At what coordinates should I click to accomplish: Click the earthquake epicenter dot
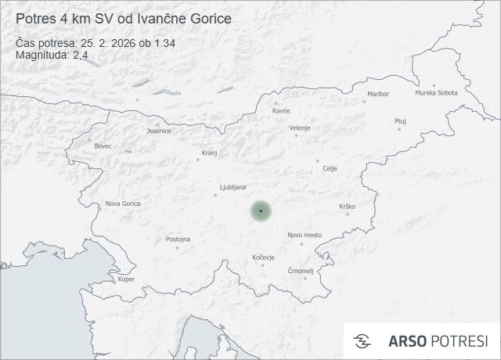pyautogui.click(x=261, y=211)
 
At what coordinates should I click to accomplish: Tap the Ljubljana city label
pyautogui.click(x=233, y=187)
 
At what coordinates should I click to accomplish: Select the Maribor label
pyautogui.click(x=377, y=94)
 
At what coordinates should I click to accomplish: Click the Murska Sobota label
pyautogui.click(x=436, y=93)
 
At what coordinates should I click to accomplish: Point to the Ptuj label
pyautogui.click(x=400, y=121)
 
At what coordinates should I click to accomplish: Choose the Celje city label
pyautogui.click(x=330, y=168)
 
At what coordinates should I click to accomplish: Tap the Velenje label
pyautogui.click(x=300, y=128)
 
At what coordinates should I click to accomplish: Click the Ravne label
pyautogui.click(x=281, y=110)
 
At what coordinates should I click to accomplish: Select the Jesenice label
pyautogui.click(x=159, y=131)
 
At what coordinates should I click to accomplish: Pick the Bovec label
pyautogui.click(x=103, y=146)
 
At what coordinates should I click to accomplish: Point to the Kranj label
pyautogui.click(x=209, y=153)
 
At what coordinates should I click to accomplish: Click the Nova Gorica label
pyautogui.click(x=123, y=203)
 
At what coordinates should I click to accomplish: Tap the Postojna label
pyautogui.click(x=178, y=239)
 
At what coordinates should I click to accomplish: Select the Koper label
pyautogui.click(x=126, y=279)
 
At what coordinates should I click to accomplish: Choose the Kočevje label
pyautogui.click(x=264, y=257)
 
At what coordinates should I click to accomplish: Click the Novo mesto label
pyautogui.click(x=305, y=235)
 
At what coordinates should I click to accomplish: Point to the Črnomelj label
pyautogui.click(x=301, y=271)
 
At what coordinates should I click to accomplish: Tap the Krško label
pyautogui.click(x=348, y=206)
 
